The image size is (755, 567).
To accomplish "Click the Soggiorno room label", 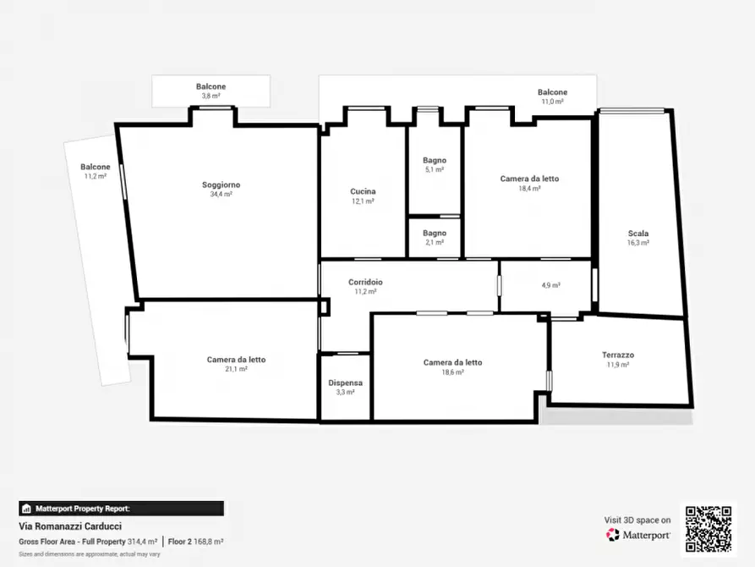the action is pos(221,184).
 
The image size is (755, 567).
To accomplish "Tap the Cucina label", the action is pos(363,191).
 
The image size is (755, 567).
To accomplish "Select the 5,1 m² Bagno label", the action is pos(435,160).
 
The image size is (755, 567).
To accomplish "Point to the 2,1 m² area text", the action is pos(435,243).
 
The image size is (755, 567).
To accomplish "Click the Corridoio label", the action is pos(365,282).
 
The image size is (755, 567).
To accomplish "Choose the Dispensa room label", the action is pos(345,383).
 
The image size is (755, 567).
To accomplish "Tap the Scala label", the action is pos(638,234).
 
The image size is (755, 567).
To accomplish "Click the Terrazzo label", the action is pos(618,355).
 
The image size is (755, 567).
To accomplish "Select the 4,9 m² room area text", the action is pos(551,285).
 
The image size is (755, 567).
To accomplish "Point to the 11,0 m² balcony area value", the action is pos(552,102).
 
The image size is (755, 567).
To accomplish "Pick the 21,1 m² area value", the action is pos(236,369).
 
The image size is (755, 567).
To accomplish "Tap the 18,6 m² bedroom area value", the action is pos(452,372).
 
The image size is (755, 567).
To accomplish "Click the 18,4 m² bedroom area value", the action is pos(529,189).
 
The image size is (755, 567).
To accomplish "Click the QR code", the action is pos(708,529).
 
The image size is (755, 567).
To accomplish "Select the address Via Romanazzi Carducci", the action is pos(70,526).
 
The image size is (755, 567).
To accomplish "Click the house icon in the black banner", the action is pos(26,509).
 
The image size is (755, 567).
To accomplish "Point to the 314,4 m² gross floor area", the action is pos(142,542).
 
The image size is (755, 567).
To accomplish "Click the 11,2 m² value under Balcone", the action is pos(96,177).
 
